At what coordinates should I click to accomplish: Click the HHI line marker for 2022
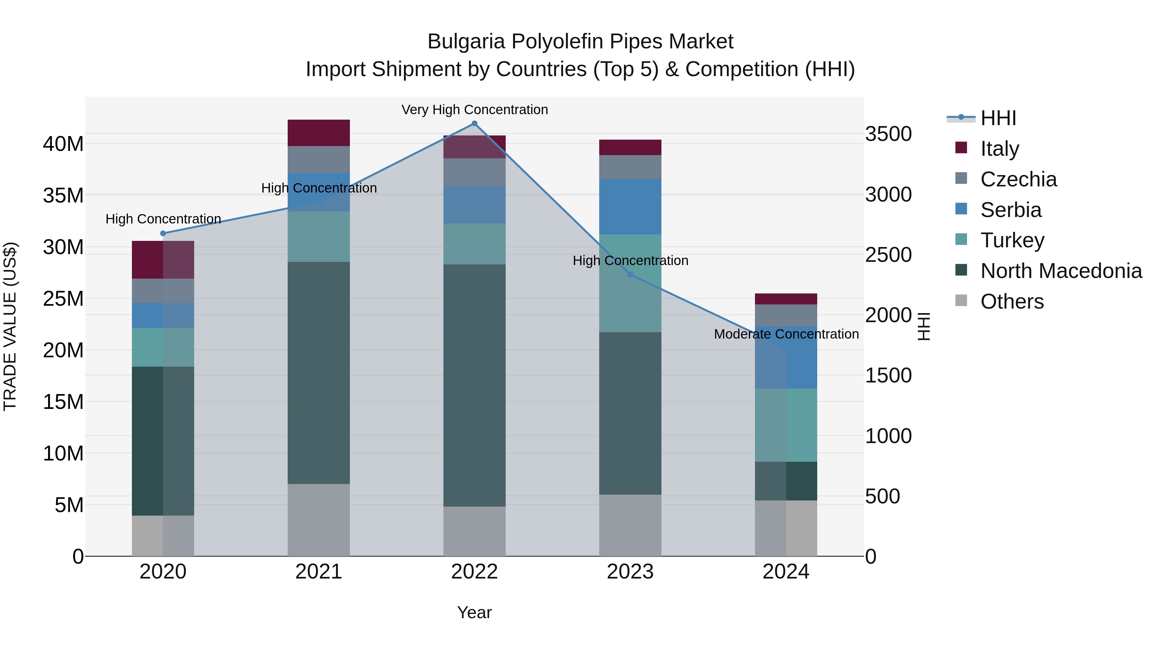pyautogui.click(x=474, y=124)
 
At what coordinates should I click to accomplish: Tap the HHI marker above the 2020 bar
pyautogui.click(x=163, y=233)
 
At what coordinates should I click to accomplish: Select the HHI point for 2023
pyautogui.click(x=630, y=274)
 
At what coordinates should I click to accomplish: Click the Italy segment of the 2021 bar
pyautogui.click(x=319, y=133)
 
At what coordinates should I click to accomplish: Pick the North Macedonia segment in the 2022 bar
pyautogui.click(x=474, y=385)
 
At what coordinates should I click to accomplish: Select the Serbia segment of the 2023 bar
pyautogui.click(x=630, y=206)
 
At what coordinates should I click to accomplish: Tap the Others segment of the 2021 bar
pyautogui.click(x=319, y=520)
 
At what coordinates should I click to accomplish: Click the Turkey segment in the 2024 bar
pyautogui.click(x=786, y=425)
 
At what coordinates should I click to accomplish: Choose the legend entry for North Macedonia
pyautogui.click(x=1061, y=271)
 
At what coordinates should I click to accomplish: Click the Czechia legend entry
pyautogui.click(x=1018, y=179)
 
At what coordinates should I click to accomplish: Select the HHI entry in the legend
pyautogui.click(x=998, y=118)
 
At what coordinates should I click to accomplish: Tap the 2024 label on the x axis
pyautogui.click(x=786, y=572)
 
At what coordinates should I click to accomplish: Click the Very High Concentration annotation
pyautogui.click(x=475, y=110)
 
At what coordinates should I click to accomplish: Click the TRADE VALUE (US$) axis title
pyautogui.click(x=10, y=326)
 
